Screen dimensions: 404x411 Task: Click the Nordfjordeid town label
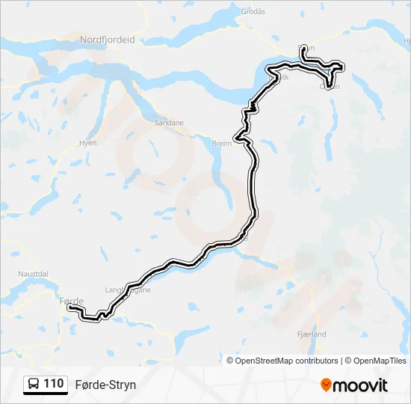(107, 40)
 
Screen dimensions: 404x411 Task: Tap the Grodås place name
(253, 11)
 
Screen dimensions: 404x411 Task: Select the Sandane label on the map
(168, 123)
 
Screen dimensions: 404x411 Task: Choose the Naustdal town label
(33, 275)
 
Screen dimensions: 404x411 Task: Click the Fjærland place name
(312, 334)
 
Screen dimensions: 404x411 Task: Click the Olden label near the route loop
(330, 86)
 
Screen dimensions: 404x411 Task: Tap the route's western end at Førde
(69, 307)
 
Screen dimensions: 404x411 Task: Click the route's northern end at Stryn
(302, 47)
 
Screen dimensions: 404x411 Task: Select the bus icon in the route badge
(34, 384)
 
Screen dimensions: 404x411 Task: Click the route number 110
(53, 384)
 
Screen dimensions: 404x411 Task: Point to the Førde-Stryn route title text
(105, 385)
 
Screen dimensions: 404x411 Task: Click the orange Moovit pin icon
(326, 385)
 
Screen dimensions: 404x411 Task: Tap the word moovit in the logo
(360, 385)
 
